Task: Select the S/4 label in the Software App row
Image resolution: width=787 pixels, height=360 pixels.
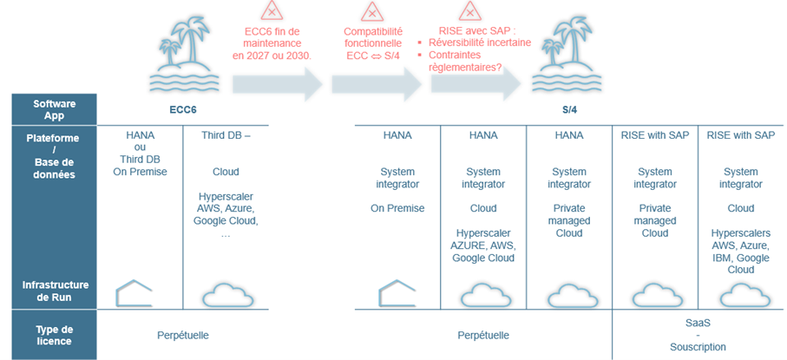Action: click(568, 111)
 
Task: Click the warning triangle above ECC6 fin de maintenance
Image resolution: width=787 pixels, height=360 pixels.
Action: click(272, 11)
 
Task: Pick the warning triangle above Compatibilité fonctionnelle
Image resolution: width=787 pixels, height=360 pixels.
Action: click(372, 11)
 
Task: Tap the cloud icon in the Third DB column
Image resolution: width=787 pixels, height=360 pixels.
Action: click(226, 293)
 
